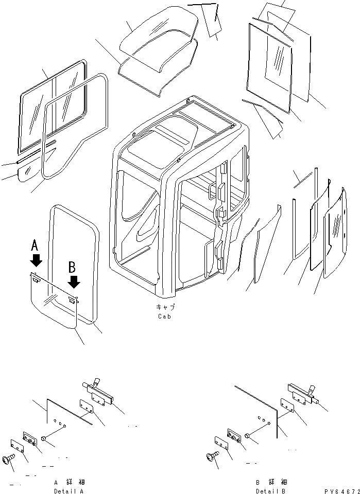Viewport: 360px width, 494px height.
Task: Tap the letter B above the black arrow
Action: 73,267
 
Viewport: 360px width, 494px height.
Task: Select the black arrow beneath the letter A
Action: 36,259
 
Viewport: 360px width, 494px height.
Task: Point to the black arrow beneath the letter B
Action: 74,281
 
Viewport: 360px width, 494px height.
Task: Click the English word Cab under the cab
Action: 165,316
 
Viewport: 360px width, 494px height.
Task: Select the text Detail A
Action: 68,491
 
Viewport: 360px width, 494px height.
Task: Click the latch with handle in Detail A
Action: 98,393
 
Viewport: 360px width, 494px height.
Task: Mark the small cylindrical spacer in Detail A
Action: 45,438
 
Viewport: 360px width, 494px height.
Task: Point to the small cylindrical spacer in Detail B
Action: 248,435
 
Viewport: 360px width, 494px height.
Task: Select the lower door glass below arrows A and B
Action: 52,304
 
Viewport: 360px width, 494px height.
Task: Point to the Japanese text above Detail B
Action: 270,483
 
